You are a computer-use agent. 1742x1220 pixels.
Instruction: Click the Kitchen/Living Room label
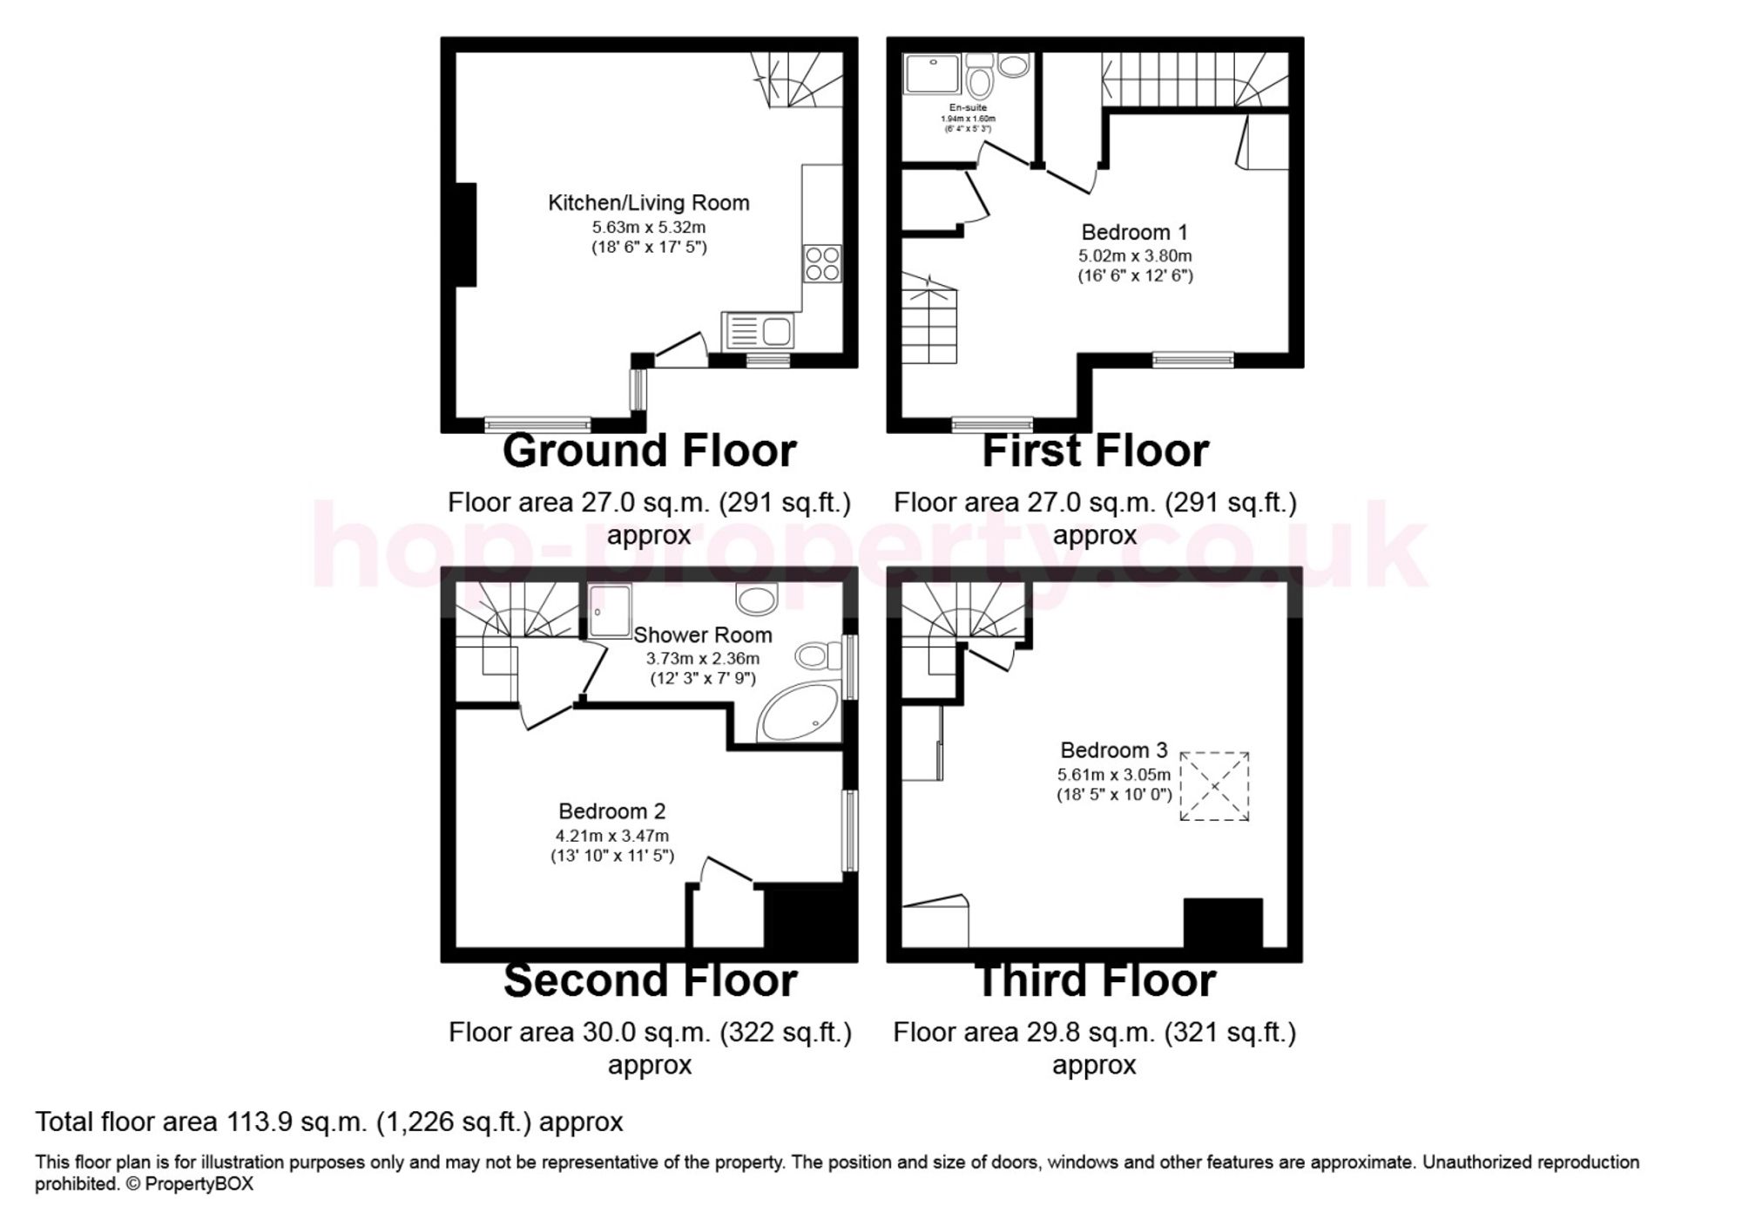click(648, 203)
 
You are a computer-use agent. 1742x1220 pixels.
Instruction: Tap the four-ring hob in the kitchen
click(823, 264)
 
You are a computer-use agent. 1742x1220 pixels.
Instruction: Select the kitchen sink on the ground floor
click(757, 331)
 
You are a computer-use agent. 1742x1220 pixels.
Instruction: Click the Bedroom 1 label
click(1134, 233)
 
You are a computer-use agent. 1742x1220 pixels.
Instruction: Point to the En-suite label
click(968, 108)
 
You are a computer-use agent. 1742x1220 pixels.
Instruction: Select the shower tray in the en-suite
click(932, 73)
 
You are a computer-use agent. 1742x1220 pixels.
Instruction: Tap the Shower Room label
click(702, 635)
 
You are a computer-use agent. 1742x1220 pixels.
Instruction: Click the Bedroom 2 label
click(611, 811)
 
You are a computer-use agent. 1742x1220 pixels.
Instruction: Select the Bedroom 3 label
click(1113, 750)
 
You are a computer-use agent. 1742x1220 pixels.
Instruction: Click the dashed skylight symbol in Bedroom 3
click(1214, 786)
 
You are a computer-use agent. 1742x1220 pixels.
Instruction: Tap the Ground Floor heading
click(649, 451)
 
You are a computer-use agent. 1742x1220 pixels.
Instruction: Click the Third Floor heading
click(1095, 980)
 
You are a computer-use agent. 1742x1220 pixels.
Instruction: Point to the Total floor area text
click(328, 1122)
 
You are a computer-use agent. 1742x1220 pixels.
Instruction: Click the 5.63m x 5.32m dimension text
click(648, 227)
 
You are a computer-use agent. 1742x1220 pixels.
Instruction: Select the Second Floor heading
click(650, 980)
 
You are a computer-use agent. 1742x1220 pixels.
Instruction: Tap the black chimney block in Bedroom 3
click(1222, 923)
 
